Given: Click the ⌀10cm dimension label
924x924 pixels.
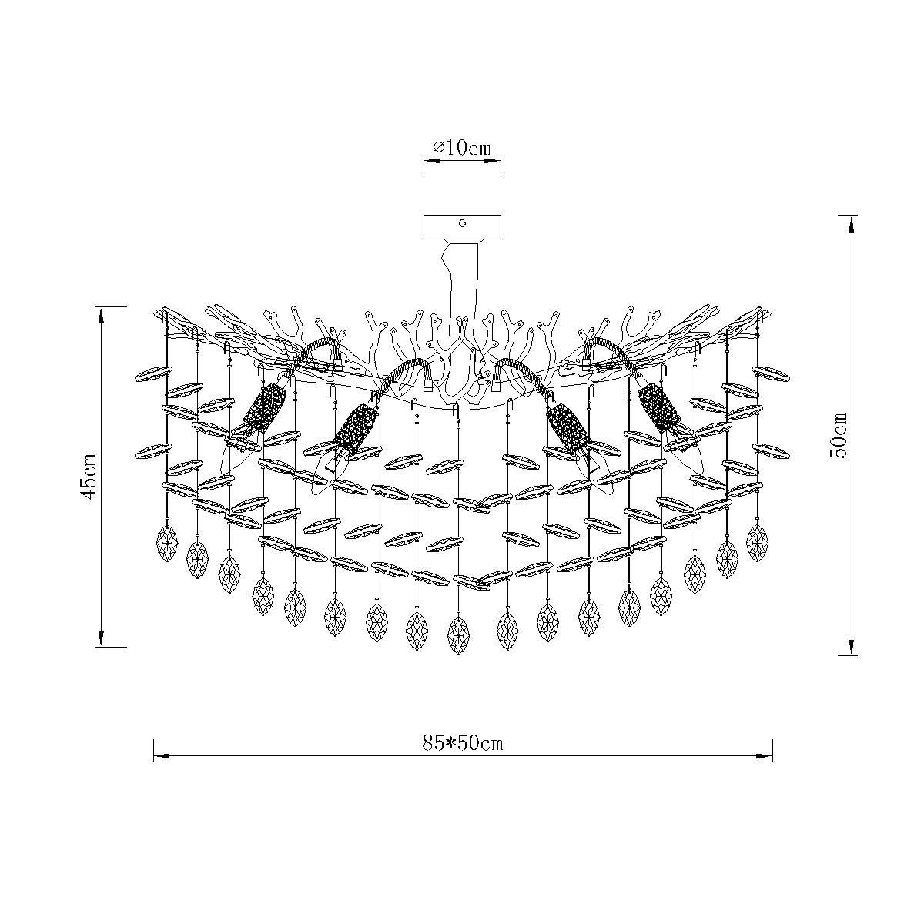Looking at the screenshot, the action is (x=462, y=148).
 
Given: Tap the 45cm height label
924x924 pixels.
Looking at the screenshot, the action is (x=90, y=477).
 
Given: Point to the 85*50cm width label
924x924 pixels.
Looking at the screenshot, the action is (x=463, y=743).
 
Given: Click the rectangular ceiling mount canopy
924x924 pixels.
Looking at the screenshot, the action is (x=462, y=227).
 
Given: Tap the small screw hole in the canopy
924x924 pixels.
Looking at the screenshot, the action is (x=462, y=223).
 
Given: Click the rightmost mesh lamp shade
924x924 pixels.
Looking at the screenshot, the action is (x=660, y=407).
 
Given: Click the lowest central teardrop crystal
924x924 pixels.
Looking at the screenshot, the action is (x=459, y=635).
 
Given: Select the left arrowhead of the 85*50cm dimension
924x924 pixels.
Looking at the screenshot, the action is (x=162, y=756).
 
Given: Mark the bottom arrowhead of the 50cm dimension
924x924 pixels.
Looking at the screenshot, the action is (x=851, y=647).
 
